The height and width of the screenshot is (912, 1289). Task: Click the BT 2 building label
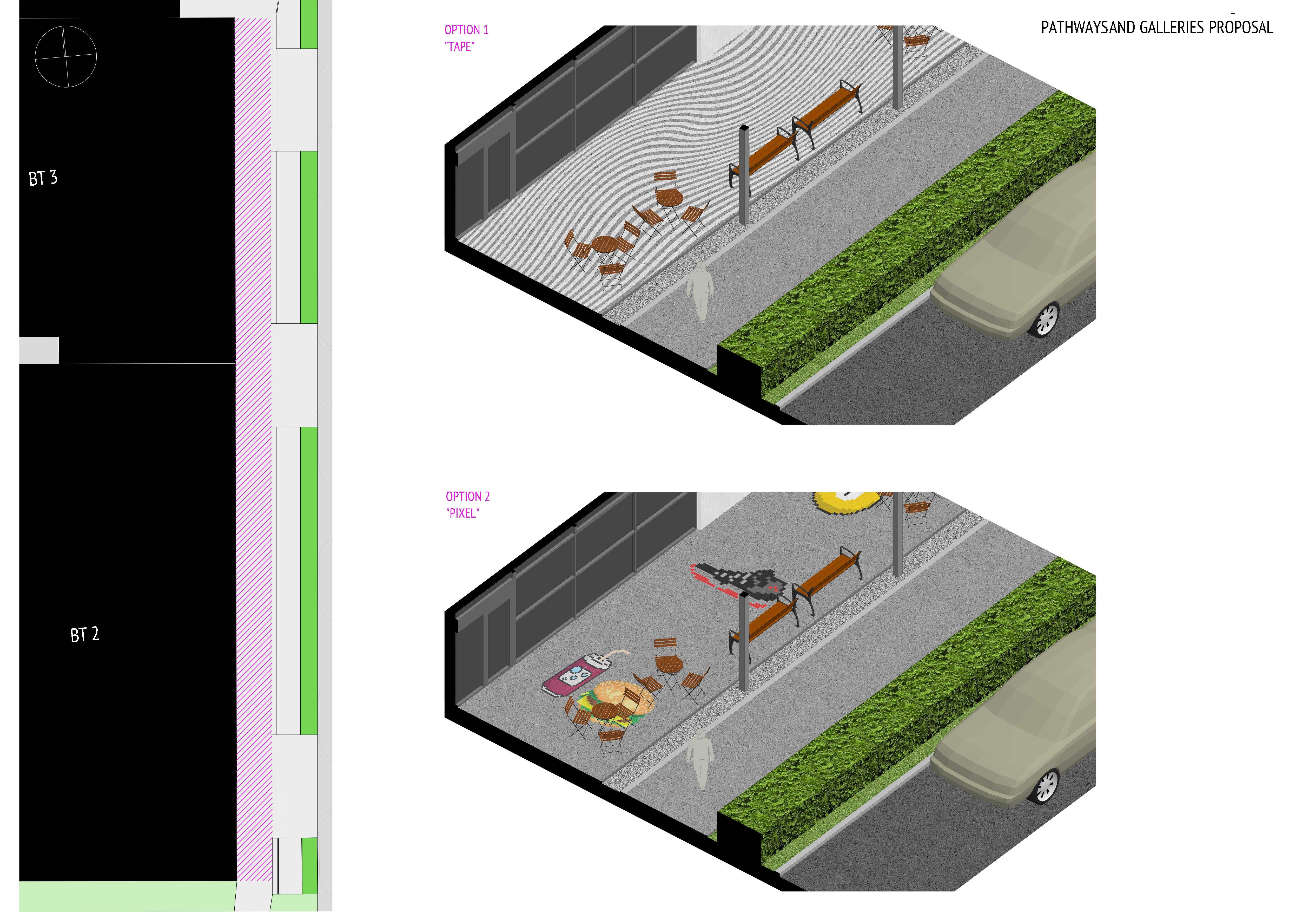85,635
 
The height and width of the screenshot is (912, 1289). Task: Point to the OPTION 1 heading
467,30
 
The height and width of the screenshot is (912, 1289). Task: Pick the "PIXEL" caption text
462,513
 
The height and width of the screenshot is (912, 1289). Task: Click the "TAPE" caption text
459,47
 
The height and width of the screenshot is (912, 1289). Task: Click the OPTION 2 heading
468,497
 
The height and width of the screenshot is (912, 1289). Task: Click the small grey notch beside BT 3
39,350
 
